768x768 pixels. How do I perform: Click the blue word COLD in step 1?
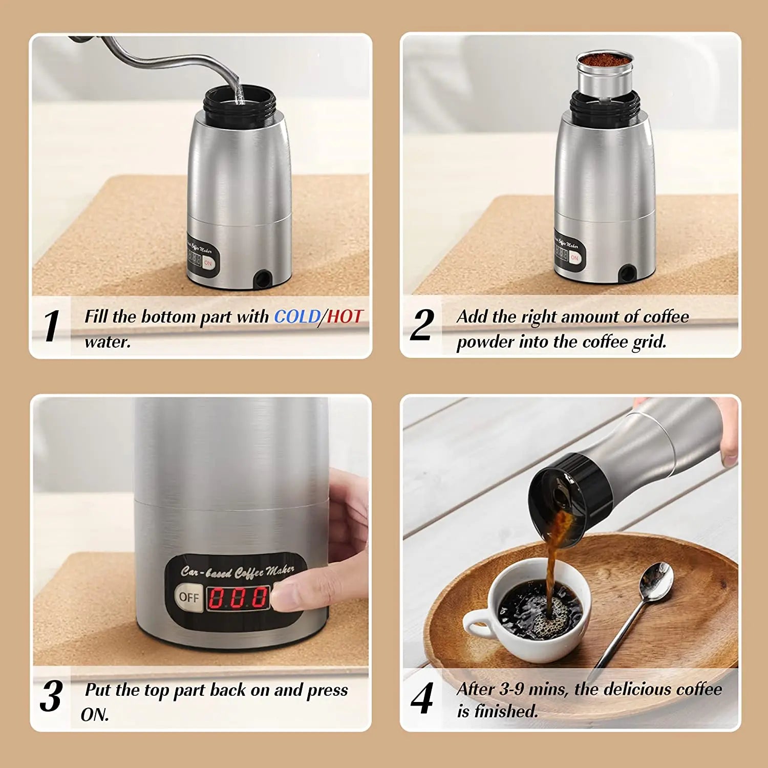click(x=296, y=316)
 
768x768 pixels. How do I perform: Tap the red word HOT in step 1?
click(x=345, y=316)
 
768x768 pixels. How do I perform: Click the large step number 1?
click(x=51, y=326)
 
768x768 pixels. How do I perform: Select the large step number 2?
click(x=422, y=325)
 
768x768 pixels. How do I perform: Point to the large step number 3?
click(x=51, y=696)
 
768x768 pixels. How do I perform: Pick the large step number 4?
click(x=422, y=698)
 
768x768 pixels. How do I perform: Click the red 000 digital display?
click(x=238, y=598)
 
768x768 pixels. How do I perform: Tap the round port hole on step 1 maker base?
click(x=264, y=279)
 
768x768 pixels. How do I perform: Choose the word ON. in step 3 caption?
click(x=95, y=715)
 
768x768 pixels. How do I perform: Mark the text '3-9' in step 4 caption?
click(x=511, y=689)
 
